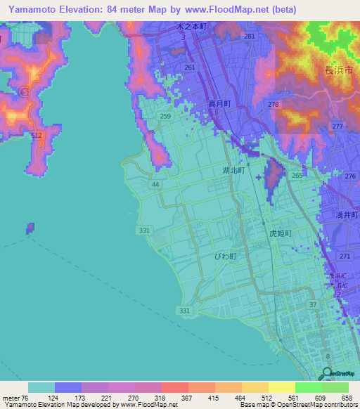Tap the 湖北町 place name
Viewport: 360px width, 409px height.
click(x=233, y=171)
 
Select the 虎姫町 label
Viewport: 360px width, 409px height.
click(x=279, y=231)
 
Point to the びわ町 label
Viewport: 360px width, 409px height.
click(x=226, y=257)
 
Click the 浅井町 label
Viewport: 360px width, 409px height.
click(x=346, y=216)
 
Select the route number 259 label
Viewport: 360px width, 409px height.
click(x=165, y=116)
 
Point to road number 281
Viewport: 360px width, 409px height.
click(x=249, y=36)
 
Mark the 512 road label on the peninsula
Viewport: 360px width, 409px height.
click(x=37, y=136)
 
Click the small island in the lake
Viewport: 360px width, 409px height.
click(x=30, y=228)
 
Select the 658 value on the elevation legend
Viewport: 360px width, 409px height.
click(x=345, y=398)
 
